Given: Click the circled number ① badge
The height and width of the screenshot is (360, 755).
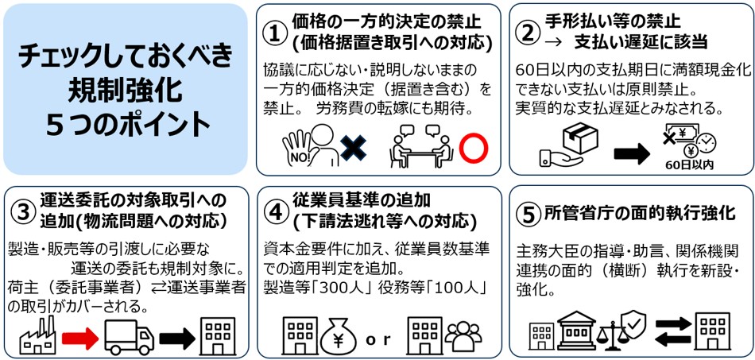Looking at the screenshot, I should tap(273, 33).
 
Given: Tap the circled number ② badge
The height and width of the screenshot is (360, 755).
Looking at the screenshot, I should tap(526, 33).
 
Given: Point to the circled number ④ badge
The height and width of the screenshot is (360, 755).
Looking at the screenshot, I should tap(275, 213).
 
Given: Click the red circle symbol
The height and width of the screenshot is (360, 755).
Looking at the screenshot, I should tap(472, 148).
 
